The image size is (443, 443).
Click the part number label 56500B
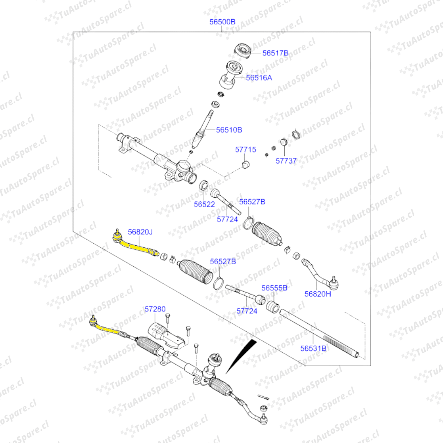pos(222,22)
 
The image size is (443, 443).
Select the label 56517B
pos(276,53)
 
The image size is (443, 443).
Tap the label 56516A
pos(259,77)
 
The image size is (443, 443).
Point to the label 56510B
pos(229,130)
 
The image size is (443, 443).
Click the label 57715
pos(245,149)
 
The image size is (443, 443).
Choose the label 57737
pos(286,161)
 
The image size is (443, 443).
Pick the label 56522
pos(204,204)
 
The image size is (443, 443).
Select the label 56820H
pos(317,293)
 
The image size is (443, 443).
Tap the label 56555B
pos(274,288)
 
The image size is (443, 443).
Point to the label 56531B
pos(313,348)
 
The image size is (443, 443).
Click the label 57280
pos(155,309)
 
